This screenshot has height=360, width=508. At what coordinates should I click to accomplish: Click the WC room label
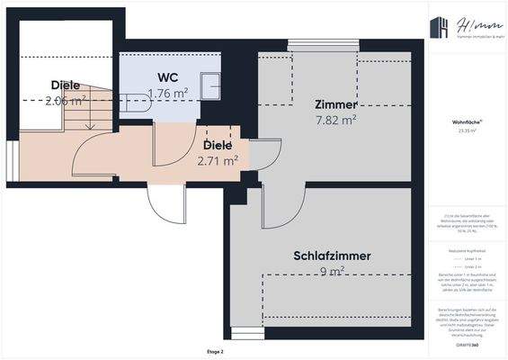[x=166, y=77]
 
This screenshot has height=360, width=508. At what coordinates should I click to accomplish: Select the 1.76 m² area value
[x=167, y=93]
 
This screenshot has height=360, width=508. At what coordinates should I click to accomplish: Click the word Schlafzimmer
[x=332, y=256]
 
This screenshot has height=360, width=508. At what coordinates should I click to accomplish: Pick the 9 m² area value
[x=332, y=271]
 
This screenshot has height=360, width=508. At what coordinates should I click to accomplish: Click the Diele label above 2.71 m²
[x=218, y=145]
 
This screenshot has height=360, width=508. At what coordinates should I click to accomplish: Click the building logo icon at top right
[x=441, y=28]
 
